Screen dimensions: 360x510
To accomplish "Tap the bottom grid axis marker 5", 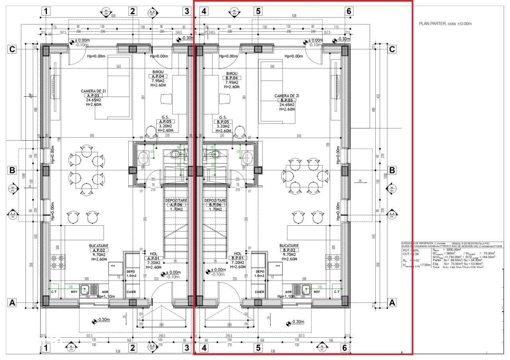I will tap(258, 348).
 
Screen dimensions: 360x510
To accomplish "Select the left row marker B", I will tap(12, 170).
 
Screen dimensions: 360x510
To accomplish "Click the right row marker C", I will tap(392, 49).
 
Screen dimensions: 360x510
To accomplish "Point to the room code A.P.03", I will tap(91, 96).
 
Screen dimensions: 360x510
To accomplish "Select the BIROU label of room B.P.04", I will tap(231, 74).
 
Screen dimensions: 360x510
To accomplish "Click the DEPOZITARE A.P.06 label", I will tap(177, 200).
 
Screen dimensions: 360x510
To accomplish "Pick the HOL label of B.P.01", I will tap(238, 253).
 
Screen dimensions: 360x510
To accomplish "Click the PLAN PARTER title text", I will tap(445, 23).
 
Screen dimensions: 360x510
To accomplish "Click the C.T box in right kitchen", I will tap(337, 292).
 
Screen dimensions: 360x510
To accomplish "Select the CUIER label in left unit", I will tap(131, 292).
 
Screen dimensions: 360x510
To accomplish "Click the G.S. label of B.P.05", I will tap(223, 117).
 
